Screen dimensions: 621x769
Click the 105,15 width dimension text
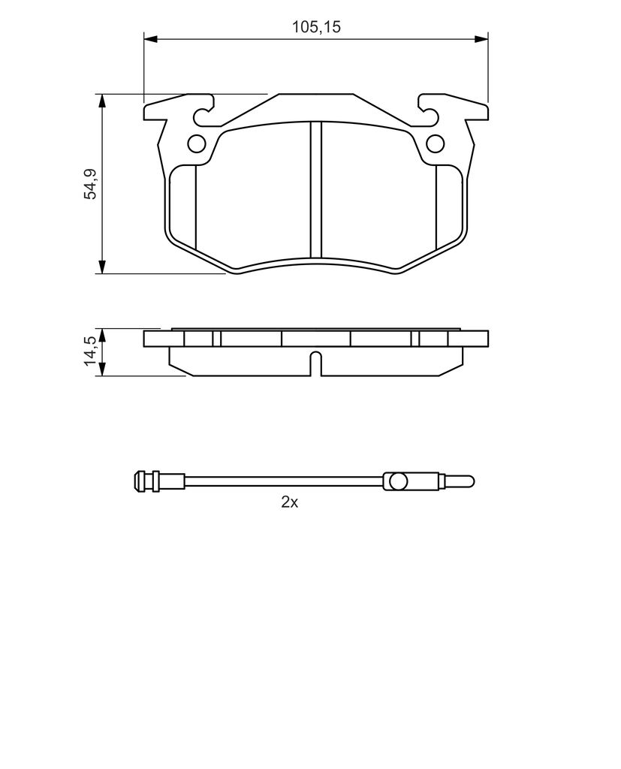tap(316, 27)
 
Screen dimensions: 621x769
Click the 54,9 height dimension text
tap(92, 184)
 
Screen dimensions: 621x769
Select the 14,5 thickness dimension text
tap(92, 351)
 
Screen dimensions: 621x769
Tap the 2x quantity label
tap(289, 502)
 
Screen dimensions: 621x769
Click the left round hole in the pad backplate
tap(197, 143)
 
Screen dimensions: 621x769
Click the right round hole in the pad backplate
tap(435, 143)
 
